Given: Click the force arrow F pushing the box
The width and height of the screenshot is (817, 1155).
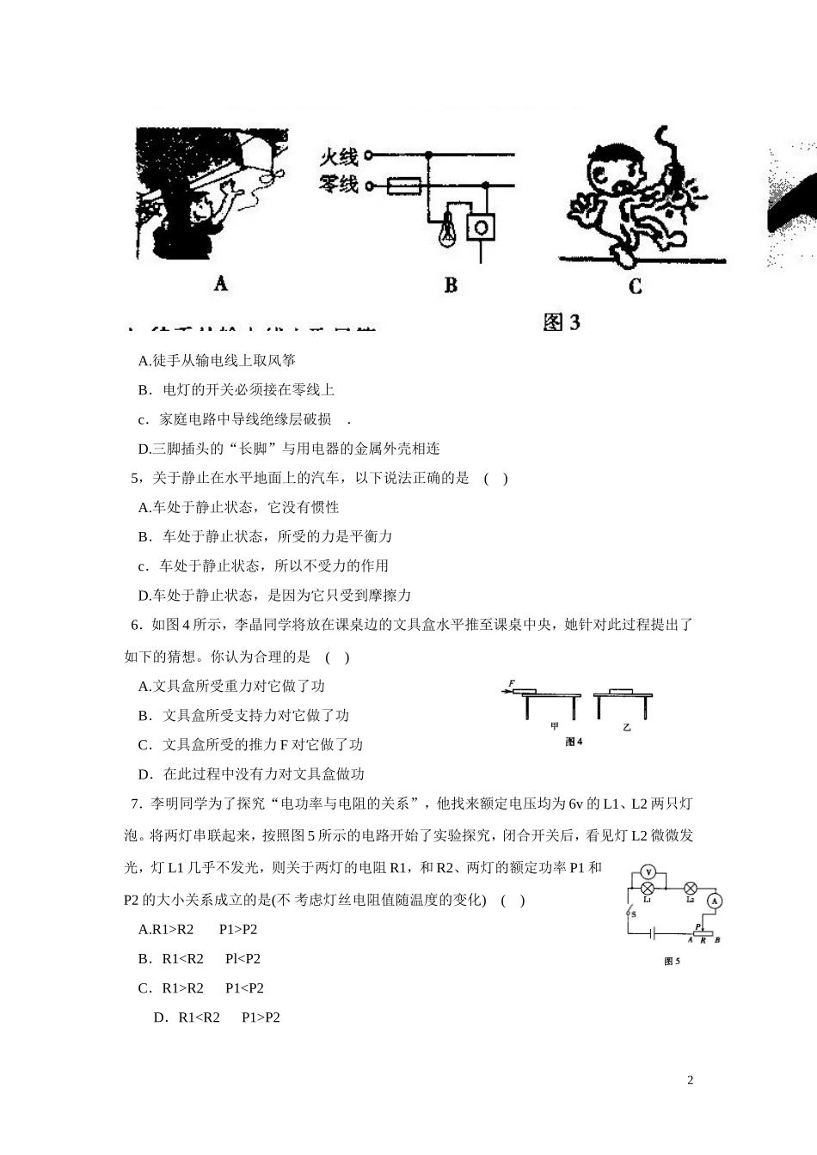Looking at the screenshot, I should point(510,687).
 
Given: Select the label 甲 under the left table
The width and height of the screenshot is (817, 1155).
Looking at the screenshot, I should point(555,726).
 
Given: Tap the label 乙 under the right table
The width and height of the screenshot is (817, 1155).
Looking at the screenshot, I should point(627,727).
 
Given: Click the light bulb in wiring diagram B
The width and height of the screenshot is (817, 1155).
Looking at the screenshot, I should point(446,231).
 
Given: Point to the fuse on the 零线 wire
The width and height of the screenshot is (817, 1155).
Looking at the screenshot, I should point(402,185).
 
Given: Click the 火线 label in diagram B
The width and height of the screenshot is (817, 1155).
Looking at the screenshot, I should point(339,156).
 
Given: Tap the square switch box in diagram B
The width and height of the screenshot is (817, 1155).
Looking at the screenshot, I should point(481,227).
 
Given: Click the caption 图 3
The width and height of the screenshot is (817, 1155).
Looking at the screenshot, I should point(562,322).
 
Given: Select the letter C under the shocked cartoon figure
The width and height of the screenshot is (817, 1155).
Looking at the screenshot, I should point(635,286).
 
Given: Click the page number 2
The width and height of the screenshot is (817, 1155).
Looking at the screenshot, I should point(690,1080).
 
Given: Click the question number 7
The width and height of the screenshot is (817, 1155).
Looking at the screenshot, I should point(135,804).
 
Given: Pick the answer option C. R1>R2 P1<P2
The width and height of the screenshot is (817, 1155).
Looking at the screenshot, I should point(201,987).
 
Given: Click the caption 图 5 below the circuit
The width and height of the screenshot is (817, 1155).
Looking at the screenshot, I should point(673,962).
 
